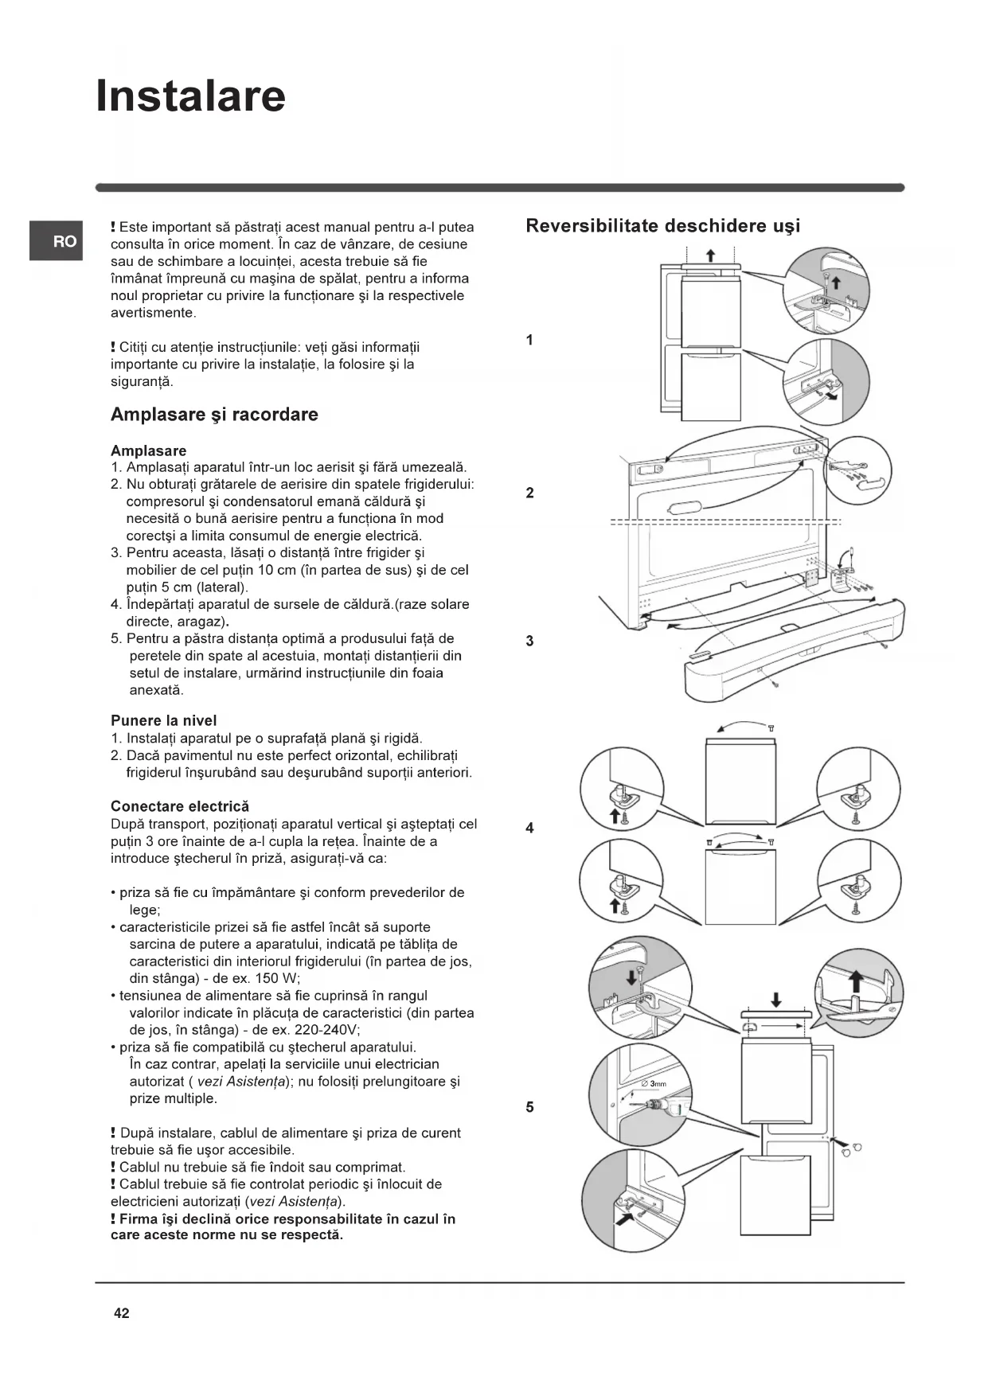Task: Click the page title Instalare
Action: point(190,96)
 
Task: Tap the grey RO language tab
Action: point(56,240)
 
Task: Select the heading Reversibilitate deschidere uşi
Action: point(662,226)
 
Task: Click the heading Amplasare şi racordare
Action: point(214,415)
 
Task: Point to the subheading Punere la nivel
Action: point(163,721)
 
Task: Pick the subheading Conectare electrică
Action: point(179,806)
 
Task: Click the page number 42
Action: point(121,1313)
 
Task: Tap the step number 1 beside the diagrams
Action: point(529,341)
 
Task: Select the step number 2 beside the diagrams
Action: point(529,493)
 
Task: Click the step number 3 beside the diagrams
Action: point(529,641)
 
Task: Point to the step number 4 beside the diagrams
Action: point(529,829)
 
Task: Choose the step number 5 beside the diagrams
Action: point(529,1107)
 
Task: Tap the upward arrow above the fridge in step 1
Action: point(711,255)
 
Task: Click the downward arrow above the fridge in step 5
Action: point(776,1000)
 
